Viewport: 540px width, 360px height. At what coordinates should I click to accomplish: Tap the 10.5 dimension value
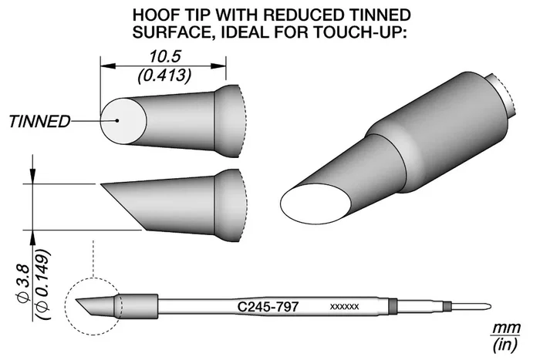click(x=164, y=56)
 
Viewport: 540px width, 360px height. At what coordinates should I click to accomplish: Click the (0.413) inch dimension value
click(x=164, y=76)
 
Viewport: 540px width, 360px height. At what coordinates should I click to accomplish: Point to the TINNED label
click(x=39, y=122)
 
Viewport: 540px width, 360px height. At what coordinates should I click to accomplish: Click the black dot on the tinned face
click(x=117, y=120)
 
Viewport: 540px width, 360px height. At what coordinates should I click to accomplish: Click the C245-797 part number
click(x=268, y=306)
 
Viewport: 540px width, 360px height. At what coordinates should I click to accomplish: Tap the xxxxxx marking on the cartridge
click(x=344, y=306)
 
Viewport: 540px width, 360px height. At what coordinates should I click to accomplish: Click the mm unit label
click(x=505, y=328)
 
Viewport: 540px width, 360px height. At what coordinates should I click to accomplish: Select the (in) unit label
click(x=505, y=344)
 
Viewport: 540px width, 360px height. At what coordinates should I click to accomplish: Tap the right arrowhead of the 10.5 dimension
click(x=218, y=66)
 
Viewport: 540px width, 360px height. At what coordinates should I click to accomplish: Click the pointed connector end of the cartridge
click(x=488, y=306)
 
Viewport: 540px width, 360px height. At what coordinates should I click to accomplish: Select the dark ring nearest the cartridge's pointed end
click(x=447, y=306)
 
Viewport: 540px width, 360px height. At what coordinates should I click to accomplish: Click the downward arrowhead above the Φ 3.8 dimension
click(x=32, y=176)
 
